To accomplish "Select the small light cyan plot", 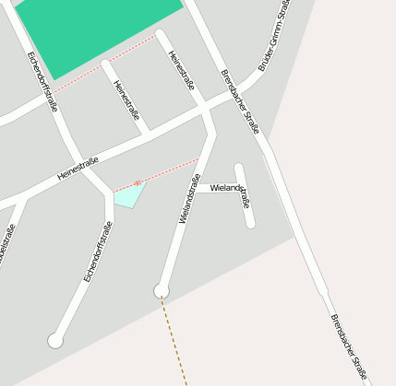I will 129,194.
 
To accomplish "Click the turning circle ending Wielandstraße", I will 162,291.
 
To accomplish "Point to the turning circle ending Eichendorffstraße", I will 55,341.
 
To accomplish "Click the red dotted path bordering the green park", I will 102,61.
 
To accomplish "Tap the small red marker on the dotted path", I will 138,182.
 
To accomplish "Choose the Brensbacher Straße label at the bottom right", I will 349,346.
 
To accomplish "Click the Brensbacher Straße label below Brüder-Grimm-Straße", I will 239,101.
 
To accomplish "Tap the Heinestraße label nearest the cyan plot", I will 78,169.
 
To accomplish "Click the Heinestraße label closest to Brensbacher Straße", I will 181,70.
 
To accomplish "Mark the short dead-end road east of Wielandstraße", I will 244,195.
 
